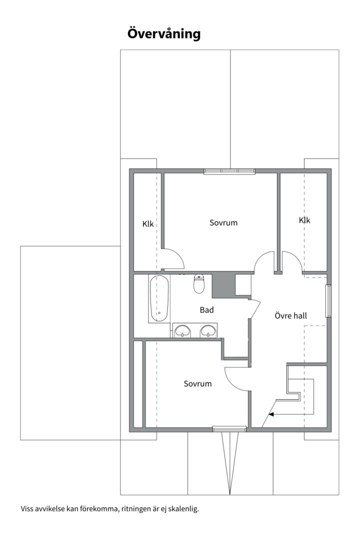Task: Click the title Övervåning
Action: [x=164, y=33]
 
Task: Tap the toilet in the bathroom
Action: [x=199, y=284]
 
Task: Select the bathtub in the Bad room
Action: [x=159, y=298]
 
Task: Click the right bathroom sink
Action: [x=207, y=330]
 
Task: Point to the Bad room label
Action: [x=206, y=310]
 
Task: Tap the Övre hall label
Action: [x=290, y=316]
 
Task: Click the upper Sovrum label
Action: [x=223, y=222]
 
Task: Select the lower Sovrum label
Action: [x=197, y=384]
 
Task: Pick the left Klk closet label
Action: [x=148, y=224]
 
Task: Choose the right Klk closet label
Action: [x=304, y=220]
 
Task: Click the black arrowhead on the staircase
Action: [x=271, y=414]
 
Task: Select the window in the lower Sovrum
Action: [x=229, y=428]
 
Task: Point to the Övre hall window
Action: [x=328, y=300]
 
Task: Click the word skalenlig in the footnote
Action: [x=183, y=509]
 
